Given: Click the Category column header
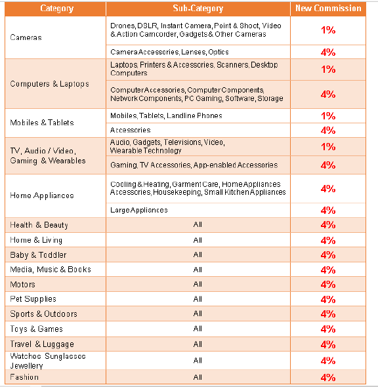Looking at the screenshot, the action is (x=57, y=9).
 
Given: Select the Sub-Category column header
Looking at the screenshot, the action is (x=198, y=9).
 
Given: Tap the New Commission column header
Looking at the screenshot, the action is (x=328, y=8).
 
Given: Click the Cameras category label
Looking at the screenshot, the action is (x=26, y=37).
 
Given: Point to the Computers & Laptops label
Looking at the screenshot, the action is (x=49, y=84).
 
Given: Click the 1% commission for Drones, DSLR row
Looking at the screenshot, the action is (x=328, y=30).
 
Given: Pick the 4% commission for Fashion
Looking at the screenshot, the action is (x=328, y=377).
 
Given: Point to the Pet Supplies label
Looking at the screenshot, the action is (x=33, y=299).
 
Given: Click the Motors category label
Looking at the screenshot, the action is (x=23, y=285).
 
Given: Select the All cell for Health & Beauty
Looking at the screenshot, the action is (x=198, y=224).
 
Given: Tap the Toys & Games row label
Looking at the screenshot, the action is (x=37, y=329).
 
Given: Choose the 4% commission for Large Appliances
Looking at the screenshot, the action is (x=328, y=211).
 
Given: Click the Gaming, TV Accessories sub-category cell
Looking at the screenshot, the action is (x=194, y=165).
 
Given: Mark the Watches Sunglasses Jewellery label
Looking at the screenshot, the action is (x=48, y=361).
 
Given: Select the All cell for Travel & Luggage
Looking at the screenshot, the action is (x=198, y=344).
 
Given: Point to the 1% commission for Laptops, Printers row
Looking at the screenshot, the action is (x=328, y=70).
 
